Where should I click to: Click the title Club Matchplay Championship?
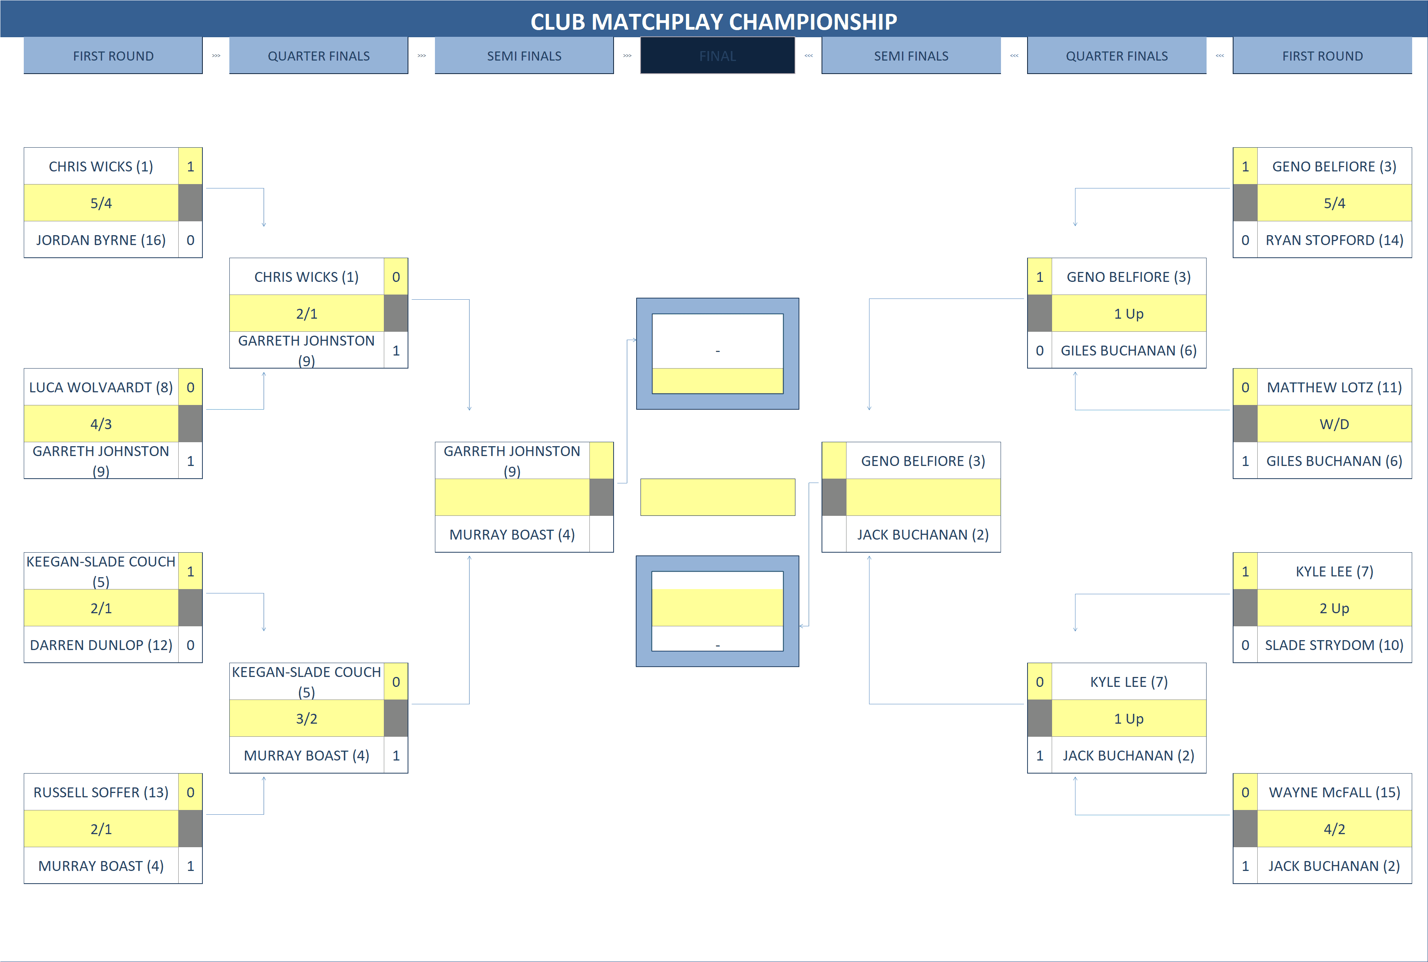coord(713,21)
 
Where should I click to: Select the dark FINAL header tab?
coord(717,56)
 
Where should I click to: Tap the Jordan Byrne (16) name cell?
coord(101,240)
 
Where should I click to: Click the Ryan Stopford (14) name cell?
coord(1334,240)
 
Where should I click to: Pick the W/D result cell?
coord(1334,424)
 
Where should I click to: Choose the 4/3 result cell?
coord(101,424)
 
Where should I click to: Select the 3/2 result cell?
coord(306,719)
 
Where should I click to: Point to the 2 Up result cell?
coord(1334,608)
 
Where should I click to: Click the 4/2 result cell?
coord(1334,829)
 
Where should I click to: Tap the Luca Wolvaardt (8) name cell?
coord(101,387)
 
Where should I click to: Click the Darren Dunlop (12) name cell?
coord(101,645)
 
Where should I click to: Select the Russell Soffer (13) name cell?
coord(101,792)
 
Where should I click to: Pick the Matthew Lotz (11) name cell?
coord(1334,387)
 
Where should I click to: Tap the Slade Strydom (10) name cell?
coord(1334,645)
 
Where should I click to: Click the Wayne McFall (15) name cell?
coord(1334,792)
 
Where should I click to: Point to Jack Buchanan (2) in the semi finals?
coord(923,534)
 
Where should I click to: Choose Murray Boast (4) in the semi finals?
coord(512,534)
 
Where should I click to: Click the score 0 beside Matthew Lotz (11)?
coord(1245,387)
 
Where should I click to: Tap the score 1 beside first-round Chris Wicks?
coord(190,166)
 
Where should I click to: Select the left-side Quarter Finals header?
coord(318,56)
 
